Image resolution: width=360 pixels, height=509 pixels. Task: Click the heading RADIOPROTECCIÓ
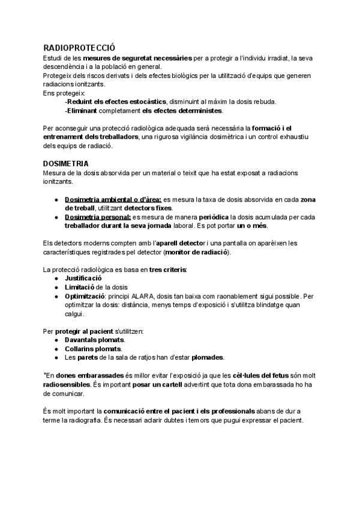(x=79, y=47)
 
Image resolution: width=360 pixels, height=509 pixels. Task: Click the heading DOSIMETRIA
(x=66, y=163)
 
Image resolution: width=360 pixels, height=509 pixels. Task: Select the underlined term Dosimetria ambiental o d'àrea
(x=113, y=199)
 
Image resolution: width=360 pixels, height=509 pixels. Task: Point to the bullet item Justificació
(x=84, y=279)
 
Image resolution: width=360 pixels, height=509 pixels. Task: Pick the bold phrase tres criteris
(x=167, y=270)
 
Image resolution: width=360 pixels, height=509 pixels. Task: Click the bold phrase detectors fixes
(x=148, y=207)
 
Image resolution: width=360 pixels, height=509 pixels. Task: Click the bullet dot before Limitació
(x=56, y=288)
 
